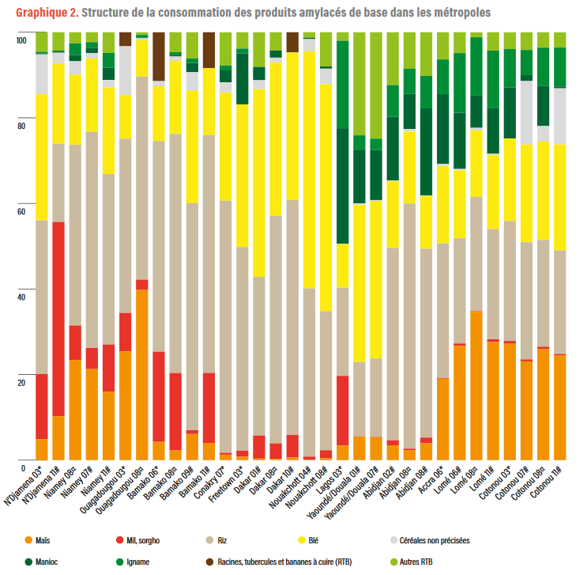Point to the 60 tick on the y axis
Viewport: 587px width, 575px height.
pos(21,211)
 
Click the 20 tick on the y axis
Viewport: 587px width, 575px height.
pos(21,382)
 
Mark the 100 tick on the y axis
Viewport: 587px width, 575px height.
pos(21,40)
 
